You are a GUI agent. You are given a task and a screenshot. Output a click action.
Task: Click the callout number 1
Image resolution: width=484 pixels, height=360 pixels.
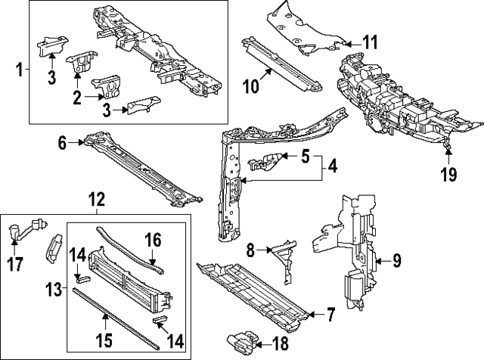tap(20, 70)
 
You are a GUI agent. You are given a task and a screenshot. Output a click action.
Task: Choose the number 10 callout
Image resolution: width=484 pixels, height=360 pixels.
tap(250, 86)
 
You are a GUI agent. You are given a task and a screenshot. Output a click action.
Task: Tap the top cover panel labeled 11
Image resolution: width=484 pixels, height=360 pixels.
tap(302, 30)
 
